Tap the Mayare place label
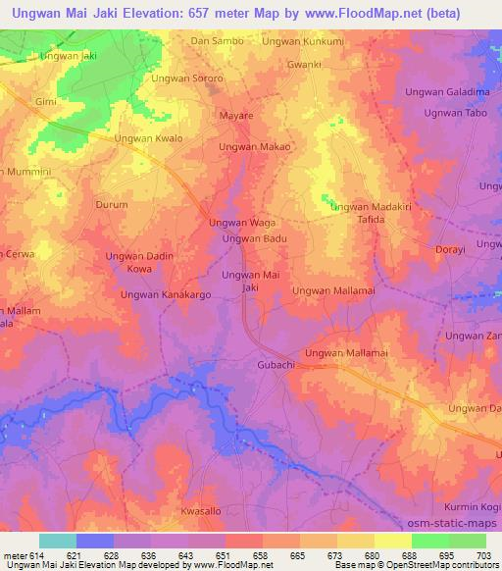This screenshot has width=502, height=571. pos(234,116)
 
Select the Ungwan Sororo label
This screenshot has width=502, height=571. pos(187,78)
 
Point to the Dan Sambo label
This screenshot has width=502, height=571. pos(215,41)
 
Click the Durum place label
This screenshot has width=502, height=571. pos(111,205)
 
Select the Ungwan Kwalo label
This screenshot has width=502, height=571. pos(149,139)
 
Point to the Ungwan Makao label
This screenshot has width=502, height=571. pos(254,146)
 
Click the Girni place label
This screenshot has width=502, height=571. pos(46,102)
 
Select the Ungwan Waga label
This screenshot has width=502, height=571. pos(242,223)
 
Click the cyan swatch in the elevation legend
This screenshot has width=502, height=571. pos(57,541)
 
